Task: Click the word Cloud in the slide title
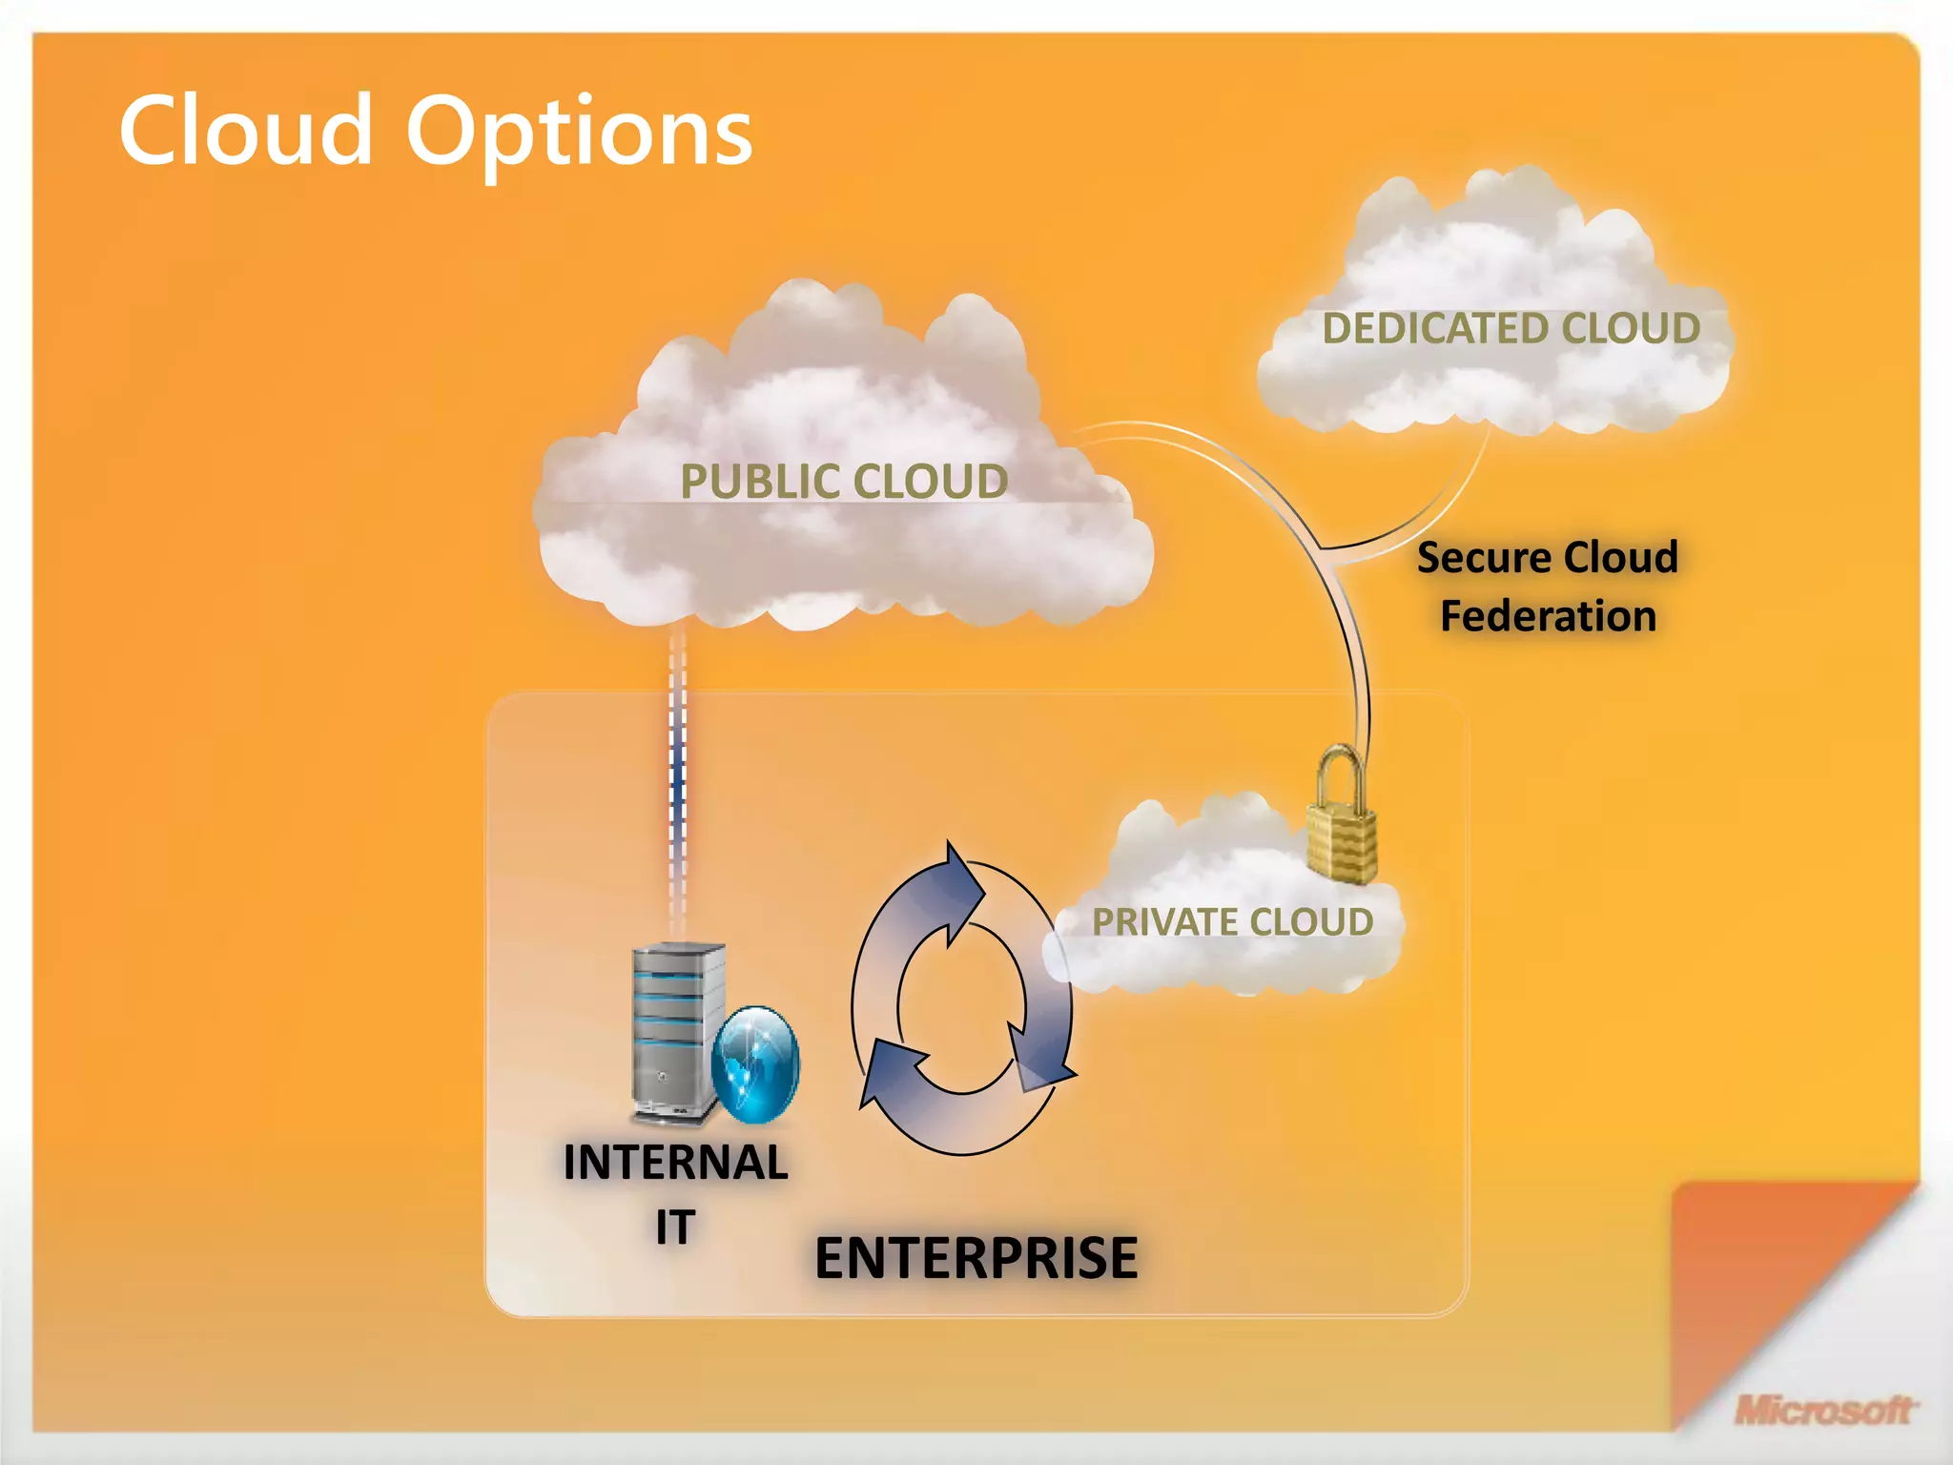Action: tap(245, 132)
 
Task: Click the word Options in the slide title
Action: tap(579, 134)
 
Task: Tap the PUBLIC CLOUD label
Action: tap(844, 481)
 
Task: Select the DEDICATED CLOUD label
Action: tap(1511, 328)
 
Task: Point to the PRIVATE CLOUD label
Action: tap(1232, 921)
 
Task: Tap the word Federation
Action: tap(1548, 616)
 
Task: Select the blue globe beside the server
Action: tap(755, 1063)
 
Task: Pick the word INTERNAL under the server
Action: tap(675, 1163)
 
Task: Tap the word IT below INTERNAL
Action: tap(674, 1227)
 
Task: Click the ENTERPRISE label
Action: tap(976, 1257)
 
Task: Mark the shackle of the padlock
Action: tap(1340, 773)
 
